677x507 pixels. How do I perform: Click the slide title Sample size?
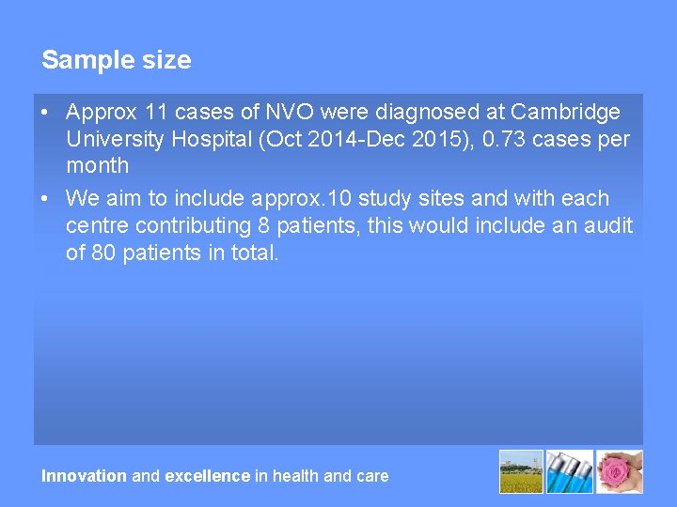point(116,60)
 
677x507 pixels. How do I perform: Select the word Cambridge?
point(565,113)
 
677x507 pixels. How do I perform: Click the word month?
point(97,166)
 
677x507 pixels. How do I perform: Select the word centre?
point(96,225)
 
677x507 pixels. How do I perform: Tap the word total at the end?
point(255,253)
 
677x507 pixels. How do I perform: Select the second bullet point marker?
point(45,199)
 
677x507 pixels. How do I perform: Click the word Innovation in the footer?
point(84,476)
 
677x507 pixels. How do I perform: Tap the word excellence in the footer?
point(208,476)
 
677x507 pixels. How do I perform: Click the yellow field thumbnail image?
point(521,471)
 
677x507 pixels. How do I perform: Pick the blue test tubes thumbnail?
point(570,471)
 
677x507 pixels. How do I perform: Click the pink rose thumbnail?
point(620,471)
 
